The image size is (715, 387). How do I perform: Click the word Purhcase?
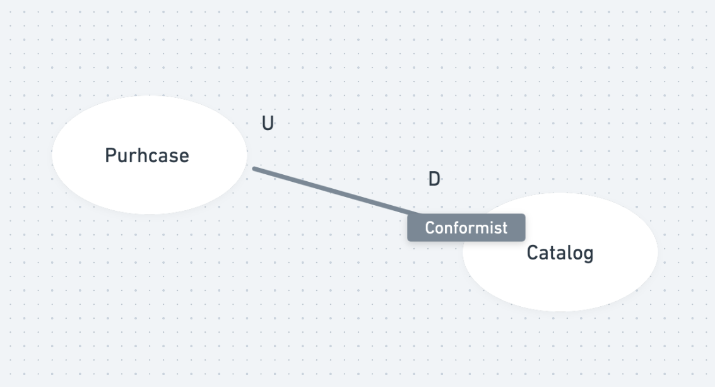coord(146,155)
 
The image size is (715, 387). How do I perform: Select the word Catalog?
coord(560,253)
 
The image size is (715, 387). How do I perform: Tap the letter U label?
coord(268,124)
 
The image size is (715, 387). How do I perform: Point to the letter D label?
coord(434,179)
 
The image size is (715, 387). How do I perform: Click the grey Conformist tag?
coord(466,227)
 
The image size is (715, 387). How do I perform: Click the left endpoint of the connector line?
coord(254,169)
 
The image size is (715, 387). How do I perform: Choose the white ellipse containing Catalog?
coord(606,284)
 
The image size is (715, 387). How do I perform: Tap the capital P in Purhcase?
coord(110,155)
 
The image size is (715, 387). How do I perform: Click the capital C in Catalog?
coord(532,253)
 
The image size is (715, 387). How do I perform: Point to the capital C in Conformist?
coord(430,227)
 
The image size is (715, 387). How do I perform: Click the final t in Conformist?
coord(504,227)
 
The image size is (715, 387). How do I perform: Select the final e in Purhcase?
coord(184,157)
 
